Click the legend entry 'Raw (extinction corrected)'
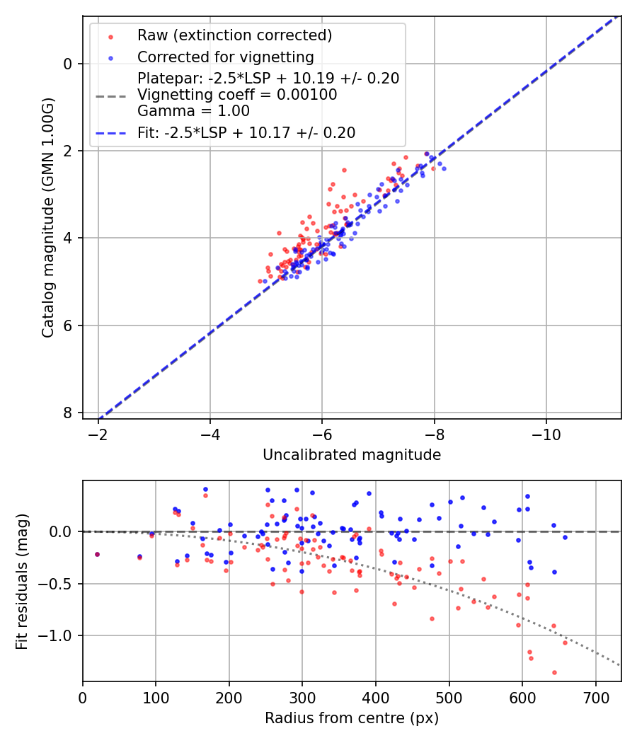(x=234, y=35)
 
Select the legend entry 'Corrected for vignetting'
(x=225, y=57)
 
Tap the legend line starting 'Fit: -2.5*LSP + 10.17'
(x=246, y=132)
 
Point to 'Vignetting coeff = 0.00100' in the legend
(x=237, y=95)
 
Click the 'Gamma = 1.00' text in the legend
(x=193, y=111)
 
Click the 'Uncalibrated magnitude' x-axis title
(x=352, y=455)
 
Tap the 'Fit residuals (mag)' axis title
(x=22, y=582)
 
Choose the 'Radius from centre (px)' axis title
(x=352, y=718)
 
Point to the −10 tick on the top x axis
(x=546, y=432)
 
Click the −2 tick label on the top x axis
(x=98, y=432)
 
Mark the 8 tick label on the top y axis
(x=69, y=413)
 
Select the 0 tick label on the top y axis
(x=69, y=64)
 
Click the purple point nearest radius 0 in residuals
(x=97, y=554)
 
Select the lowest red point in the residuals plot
(x=554, y=672)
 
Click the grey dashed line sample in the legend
(x=110, y=95)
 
